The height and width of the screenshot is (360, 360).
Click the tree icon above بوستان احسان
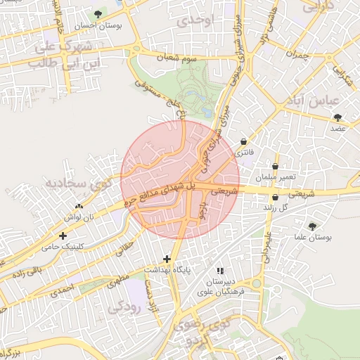[98, 14]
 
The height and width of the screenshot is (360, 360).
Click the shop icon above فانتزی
[243, 141]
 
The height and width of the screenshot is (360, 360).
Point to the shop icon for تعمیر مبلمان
[275, 167]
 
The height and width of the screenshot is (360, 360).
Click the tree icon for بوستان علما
[312, 226]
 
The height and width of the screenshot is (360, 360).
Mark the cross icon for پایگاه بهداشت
[167, 259]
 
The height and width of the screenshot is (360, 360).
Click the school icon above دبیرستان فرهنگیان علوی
[220, 270]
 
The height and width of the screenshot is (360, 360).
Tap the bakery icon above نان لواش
[78, 207]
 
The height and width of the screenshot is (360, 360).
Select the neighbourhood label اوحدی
[193, 20]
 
